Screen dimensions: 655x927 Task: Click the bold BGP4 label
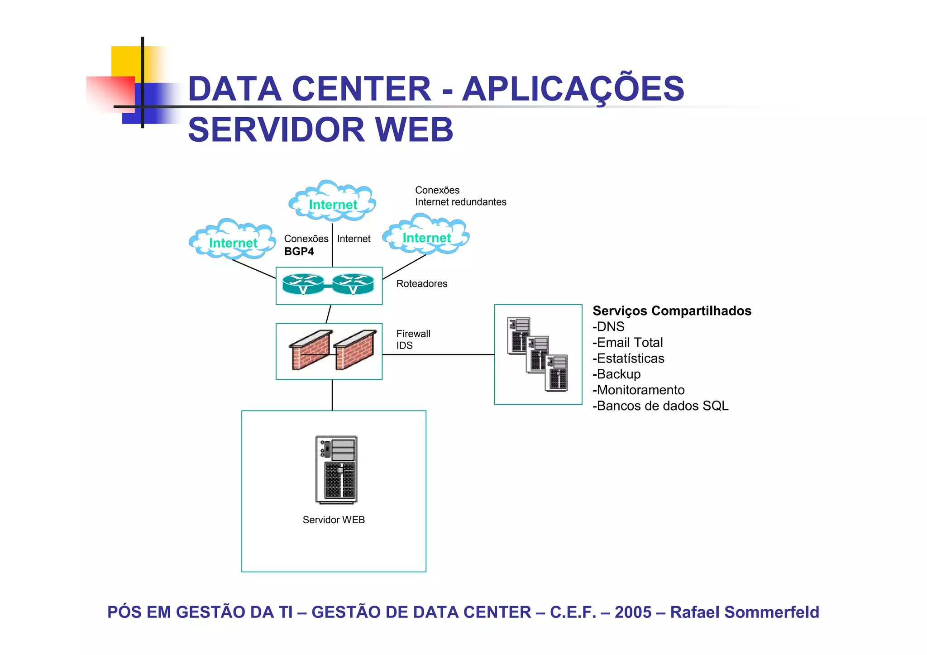[x=299, y=252]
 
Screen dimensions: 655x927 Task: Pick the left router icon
[x=303, y=284]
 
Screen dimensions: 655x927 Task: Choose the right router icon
[x=353, y=284]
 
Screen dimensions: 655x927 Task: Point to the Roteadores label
[x=421, y=284]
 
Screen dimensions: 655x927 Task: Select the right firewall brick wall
[x=355, y=350]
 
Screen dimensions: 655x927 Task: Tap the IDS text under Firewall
[x=404, y=346]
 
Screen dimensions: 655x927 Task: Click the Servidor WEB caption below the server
[x=334, y=520]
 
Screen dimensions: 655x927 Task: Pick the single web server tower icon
[x=336, y=470]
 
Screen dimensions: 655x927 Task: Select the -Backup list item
[x=616, y=374]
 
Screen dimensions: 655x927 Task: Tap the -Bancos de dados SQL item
[x=660, y=406]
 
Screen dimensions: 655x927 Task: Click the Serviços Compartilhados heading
[x=672, y=311]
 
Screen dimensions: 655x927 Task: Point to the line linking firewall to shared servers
[x=438, y=354]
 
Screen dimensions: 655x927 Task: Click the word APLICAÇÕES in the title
[x=573, y=89]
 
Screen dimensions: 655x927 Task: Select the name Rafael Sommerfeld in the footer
[x=744, y=612]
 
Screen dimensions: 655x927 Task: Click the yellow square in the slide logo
[x=126, y=61]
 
